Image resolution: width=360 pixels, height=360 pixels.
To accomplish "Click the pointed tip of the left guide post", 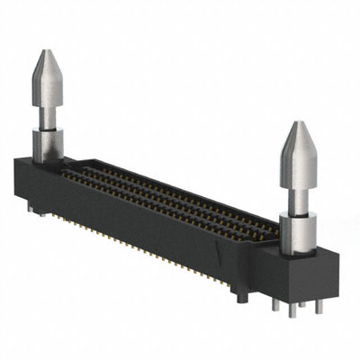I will click(x=46, y=54).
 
